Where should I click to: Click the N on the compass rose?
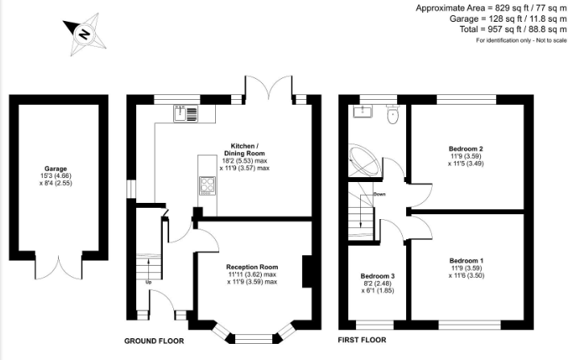coord(85,35)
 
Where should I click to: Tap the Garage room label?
coord(56,168)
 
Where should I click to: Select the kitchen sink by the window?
coord(185,113)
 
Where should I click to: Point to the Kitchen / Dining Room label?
coord(244,150)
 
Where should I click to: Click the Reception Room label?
coord(252,267)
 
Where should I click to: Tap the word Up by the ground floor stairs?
coord(148,282)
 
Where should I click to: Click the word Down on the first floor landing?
coord(379,194)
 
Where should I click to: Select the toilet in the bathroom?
coord(393,114)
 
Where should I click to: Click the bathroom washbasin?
coord(363,111)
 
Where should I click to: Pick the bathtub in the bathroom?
coord(365,160)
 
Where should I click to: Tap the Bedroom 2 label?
coord(466,149)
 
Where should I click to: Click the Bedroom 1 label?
coord(466,261)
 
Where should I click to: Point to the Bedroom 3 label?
coord(378,276)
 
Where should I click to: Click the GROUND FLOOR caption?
coord(154,341)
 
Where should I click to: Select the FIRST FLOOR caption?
coord(362,340)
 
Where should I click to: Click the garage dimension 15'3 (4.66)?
coord(56,176)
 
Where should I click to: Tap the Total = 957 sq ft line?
coord(513,29)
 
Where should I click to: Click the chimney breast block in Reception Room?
coord(307,271)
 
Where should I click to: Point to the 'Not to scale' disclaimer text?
coord(552,40)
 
